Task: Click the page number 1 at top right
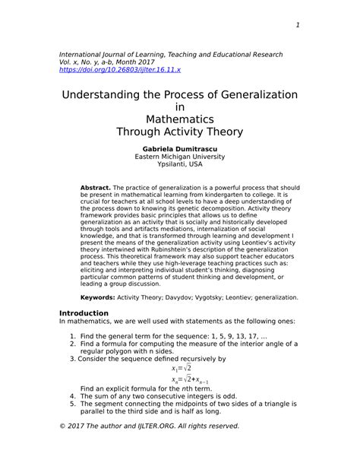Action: click(x=298, y=25)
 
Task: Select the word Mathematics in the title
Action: click(x=179, y=119)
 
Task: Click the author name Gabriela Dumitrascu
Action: click(x=179, y=148)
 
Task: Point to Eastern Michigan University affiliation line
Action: click(x=179, y=157)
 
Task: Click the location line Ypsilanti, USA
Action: click(x=179, y=165)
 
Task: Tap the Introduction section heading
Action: click(x=84, y=313)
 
